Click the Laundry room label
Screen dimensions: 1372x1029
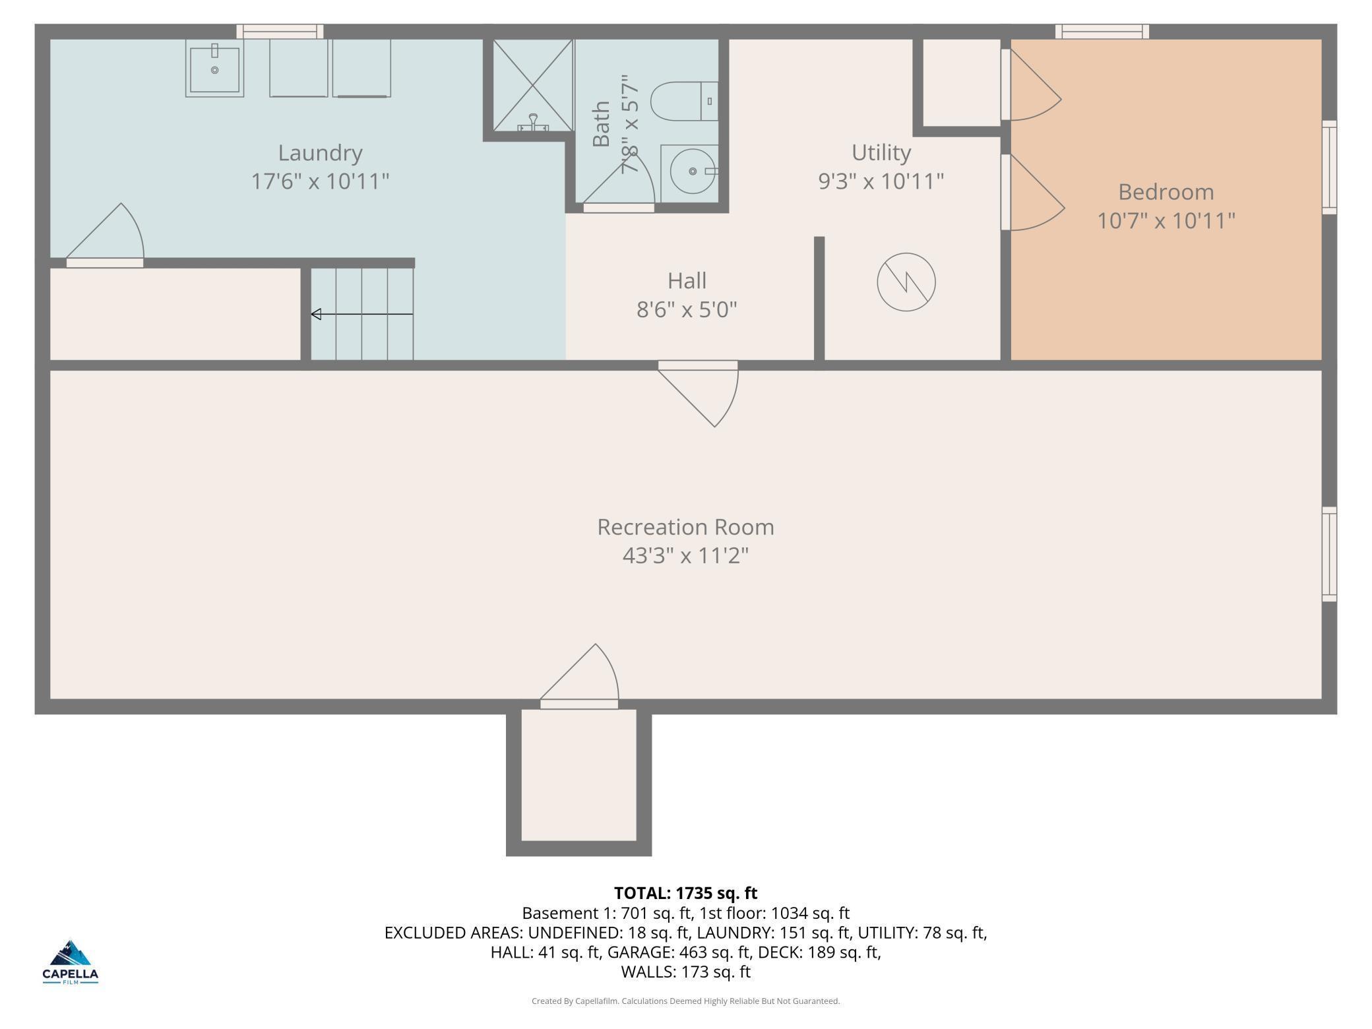pos(320,153)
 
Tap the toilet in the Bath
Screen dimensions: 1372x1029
pos(684,101)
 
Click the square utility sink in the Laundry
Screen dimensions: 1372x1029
pos(214,68)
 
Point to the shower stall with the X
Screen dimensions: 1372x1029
pos(533,85)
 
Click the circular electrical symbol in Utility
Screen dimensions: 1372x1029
pos(906,282)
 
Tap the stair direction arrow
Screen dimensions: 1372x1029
pos(362,314)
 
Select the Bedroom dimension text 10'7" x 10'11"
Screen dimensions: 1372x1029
pos(1166,220)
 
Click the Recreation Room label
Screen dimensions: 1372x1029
pos(685,527)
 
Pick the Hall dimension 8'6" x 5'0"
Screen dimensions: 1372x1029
pos(687,309)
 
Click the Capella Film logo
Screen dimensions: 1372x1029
pos(71,962)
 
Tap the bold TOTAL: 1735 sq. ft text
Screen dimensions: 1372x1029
pos(685,893)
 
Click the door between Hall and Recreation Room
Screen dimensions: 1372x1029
pos(698,393)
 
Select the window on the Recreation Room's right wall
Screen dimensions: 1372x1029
pos(1329,554)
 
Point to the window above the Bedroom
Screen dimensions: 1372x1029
pos(1102,31)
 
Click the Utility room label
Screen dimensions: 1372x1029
pos(881,152)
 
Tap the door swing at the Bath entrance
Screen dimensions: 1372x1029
pos(619,178)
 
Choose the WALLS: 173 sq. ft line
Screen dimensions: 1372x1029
pos(685,972)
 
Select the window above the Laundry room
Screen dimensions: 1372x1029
pos(280,31)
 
